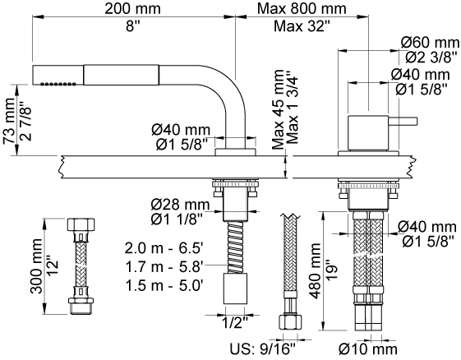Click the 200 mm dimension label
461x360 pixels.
(132, 8)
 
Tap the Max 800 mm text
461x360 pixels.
(302, 8)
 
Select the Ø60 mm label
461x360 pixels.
(430, 43)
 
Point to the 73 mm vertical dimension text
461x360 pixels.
(9, 120)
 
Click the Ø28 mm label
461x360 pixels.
(180, 205)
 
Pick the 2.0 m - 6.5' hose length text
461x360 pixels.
(164, 248)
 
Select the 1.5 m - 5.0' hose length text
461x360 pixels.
(164, 285)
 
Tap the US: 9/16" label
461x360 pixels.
(262, 349)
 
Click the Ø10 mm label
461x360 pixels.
(368, 349)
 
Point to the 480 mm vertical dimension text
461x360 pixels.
(316, 270)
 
